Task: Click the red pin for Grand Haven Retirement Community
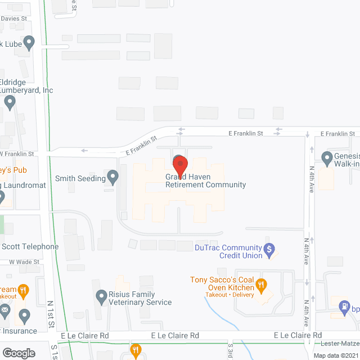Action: pyautogui.click(x=180, y=166)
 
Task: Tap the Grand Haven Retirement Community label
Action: pyautogui.click(x=205, y=181)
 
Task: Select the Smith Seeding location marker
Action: pyautogui.click(x=112, y=178)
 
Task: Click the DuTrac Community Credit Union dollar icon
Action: pyautogui.click(x=269, y=248)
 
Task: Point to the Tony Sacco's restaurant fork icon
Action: pyautogui.click(x=261, y=285)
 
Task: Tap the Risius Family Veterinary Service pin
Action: pyautogui.click(x=101, y=295)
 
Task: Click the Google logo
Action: pyautogui.click(x=19, y=353)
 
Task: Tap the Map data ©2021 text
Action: pyautogui.click(x=336, y=355)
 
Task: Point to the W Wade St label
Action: pyautogui.click(x=24, y=262)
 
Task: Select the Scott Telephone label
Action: pyautogui.click(x=30, y=246)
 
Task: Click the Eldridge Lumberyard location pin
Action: pyautogui.click(x=10, y=102)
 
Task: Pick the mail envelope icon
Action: pyautogui.click(x=5, y=309)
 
